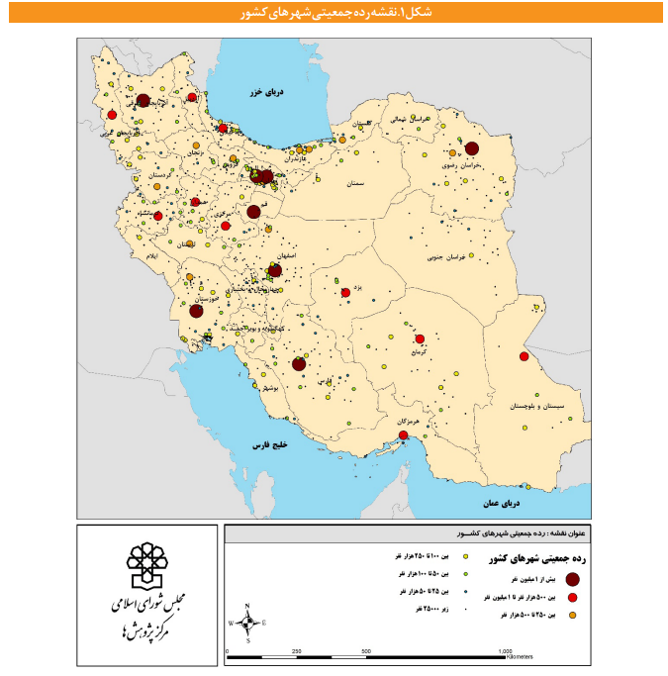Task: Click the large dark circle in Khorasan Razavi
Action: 471,148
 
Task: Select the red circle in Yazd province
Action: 345,293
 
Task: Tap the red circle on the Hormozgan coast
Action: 403,435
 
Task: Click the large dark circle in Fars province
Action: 298,364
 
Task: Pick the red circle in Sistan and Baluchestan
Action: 525,357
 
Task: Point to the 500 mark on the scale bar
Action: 367,651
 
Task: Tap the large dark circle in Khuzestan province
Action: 197,311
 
